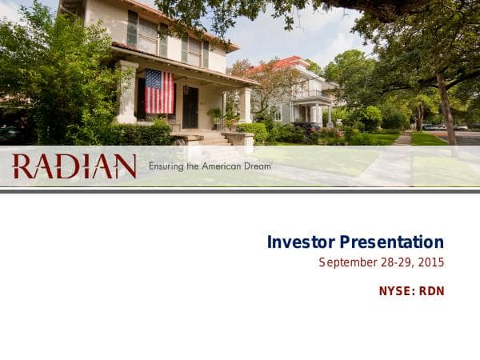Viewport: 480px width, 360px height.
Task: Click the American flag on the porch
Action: tap(159, 91)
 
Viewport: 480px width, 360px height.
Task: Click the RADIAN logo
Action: tap(74, 166)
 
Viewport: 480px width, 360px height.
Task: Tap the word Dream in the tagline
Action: tap(257, 166)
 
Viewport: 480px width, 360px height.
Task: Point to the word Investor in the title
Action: tap(301, 242)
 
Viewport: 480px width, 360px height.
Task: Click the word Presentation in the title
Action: tap(391, 242)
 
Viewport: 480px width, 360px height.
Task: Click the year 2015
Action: tap(430, 262)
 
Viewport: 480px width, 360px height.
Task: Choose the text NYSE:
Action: tap(397, 291)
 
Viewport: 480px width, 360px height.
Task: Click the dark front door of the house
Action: tap(190, 107)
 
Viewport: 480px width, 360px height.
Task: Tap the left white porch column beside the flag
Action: tap(128, 93)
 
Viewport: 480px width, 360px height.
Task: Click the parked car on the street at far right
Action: tap(461, 127)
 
